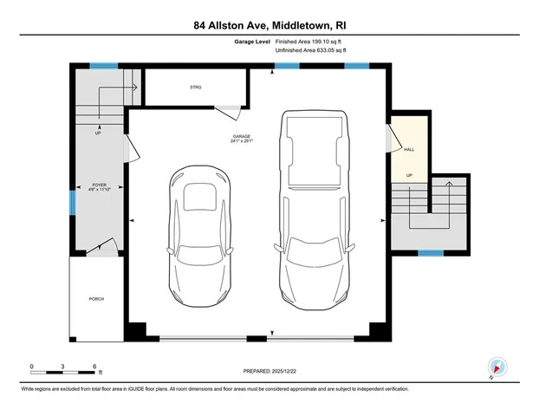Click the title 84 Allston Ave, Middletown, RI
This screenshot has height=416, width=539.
click(x=269, y=25)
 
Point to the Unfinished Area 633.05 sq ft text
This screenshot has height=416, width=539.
click(x=310, y=51)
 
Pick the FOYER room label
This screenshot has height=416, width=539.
click(x=99, y=185)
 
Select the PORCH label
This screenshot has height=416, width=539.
click(x=96, y=299)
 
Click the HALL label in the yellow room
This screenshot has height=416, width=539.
click(x=408, y=149)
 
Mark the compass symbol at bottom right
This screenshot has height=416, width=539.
click(x=497, y=367)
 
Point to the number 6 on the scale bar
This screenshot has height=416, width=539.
click(x=93, y=366)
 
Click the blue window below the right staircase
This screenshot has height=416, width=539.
click(x=431, y=253)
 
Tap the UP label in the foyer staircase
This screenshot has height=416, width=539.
click(x=98, y=133)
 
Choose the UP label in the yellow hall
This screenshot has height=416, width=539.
click(x=408, y=177)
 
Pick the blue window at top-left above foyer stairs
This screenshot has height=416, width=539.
click(x=105, y=66)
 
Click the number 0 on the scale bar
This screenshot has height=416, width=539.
click(x=32, y=366)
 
